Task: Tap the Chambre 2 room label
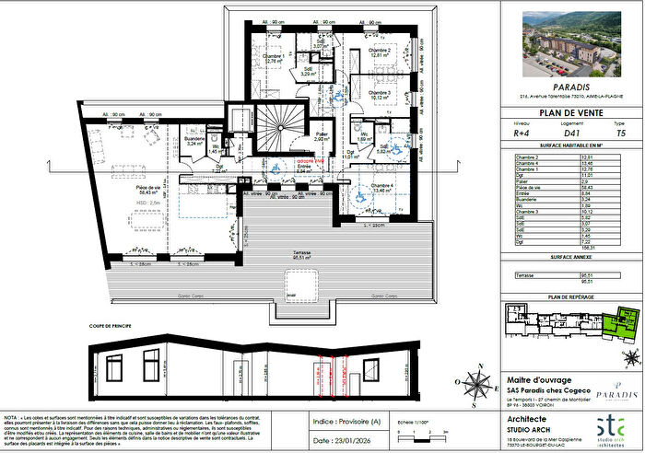[x=381, y=52]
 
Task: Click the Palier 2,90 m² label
[x=322, y=136]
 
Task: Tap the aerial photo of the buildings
[x=570, y=46]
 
